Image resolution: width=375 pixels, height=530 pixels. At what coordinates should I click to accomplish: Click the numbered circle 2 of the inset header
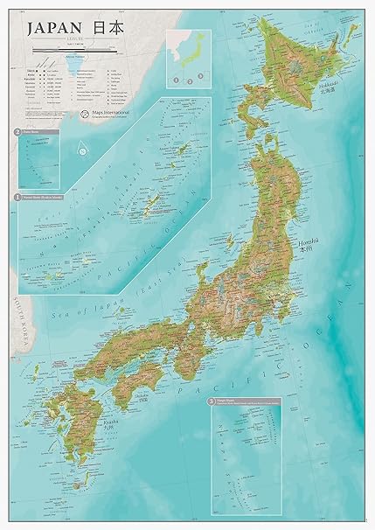(17, 133)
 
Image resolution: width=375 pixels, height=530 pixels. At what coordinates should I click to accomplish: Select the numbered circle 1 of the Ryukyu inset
(17, 198)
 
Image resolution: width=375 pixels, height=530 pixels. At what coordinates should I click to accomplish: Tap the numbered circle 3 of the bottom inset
(211, 401)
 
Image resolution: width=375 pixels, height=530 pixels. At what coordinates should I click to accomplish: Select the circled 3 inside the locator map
(200, 77)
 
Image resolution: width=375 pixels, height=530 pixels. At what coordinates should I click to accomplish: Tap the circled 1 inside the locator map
(176, 80)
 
